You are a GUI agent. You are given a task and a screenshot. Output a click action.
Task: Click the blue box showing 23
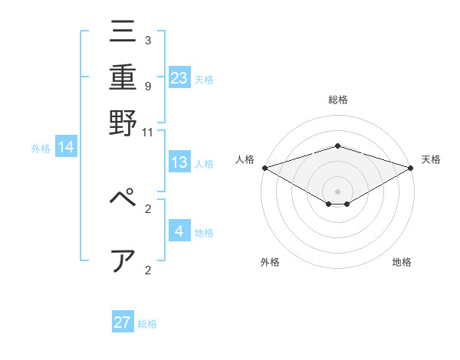click(179, 77)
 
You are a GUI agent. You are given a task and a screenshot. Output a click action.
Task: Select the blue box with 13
click(179, 162)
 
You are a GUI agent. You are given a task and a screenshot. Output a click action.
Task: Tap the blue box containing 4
click(179, 231)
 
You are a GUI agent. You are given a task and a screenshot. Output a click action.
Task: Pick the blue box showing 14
click(66, 147)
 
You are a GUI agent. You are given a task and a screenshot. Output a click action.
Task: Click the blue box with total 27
click(123, 322)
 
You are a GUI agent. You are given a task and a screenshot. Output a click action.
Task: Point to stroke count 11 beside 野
click(148, 133)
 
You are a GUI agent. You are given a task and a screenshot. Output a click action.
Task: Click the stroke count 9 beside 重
click(148, 86)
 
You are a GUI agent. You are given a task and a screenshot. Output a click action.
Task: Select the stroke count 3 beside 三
click(148, 40)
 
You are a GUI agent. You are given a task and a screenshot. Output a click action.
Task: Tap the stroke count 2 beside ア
click(148, 270)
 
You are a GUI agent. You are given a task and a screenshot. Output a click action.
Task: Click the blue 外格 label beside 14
click(41, 149)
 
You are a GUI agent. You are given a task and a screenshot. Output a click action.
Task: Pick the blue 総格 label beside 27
click(147, 324)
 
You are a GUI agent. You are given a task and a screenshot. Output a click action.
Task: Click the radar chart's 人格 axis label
click(245, 159)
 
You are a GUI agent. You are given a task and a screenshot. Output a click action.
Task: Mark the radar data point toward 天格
click(411, 168)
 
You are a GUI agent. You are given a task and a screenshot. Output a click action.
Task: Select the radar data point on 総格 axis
click(337, 146)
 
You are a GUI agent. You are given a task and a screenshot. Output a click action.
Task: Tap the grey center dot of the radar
click(337, 191)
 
